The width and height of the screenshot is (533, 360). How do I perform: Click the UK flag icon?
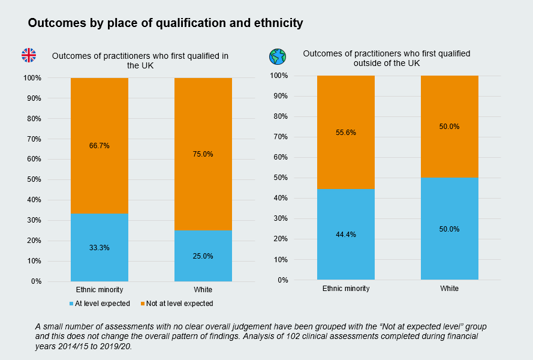(29, 55)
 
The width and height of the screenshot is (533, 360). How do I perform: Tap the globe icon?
(278, 56)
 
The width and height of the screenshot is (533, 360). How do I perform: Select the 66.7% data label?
(100, 145)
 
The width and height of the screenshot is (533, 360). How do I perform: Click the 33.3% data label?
(100, 247)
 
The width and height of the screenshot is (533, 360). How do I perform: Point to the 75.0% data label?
(203, 154)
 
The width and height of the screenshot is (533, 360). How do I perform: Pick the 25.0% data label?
(203, 256)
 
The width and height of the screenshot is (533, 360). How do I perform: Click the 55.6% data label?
(346, 133)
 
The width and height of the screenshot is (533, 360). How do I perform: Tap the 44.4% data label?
(346, 235)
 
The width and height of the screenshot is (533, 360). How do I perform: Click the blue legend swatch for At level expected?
(71, 304)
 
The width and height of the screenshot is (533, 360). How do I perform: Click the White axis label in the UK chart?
(203, 290)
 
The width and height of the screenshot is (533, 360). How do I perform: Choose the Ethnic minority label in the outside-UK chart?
(346, 288)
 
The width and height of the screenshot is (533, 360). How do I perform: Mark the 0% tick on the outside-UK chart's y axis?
(282, 280)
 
